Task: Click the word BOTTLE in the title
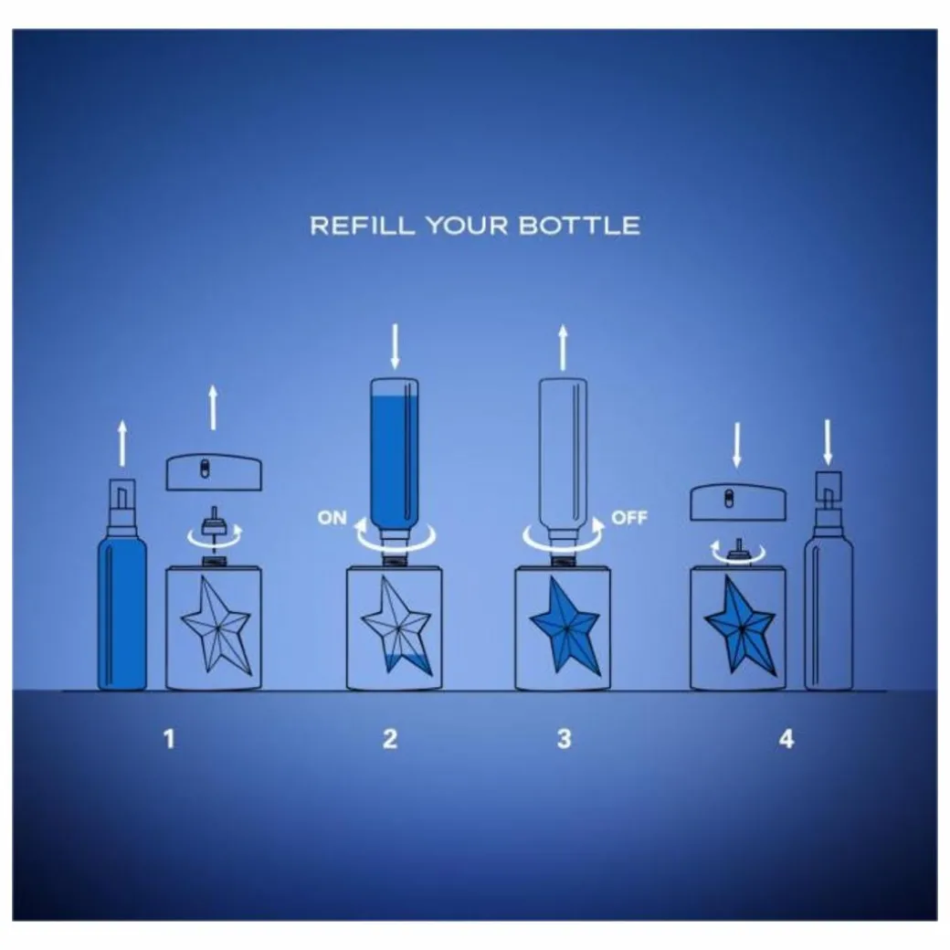(x=579, y=226)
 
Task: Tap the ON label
(x=332, y=518)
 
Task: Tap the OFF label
(x=628, y=518)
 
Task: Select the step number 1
(x=169, y=739)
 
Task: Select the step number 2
(x=390, y=739)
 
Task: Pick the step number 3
(x=565, y=739)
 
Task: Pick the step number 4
(x=786, y=739)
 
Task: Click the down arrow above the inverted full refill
(x=395, y=346)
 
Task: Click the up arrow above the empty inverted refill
(x=563, y=347)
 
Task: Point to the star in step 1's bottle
(x=215, y=625)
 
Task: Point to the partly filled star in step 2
(x=396, y=625)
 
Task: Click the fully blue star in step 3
(x=565, y=625)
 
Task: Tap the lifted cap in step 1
(x=215, y=472)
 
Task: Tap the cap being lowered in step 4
(x=739, y=502)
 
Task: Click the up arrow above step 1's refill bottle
(x=122, y=444)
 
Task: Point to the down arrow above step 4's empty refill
(x=828, y=442)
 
